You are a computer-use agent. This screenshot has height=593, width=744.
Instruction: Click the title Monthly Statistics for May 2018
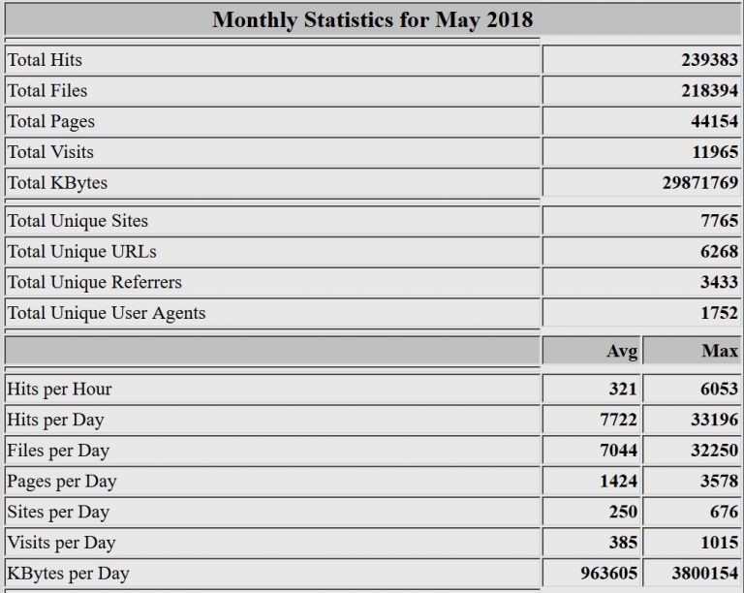tap(372, 19)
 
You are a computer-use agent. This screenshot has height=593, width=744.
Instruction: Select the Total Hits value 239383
tap(709, 60)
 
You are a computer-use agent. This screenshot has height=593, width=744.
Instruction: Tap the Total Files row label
tap(47, 91)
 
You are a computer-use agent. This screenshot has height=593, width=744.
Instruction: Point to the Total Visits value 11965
tap(714, 152)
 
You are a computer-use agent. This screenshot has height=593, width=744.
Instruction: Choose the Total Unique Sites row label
tap(77, 221)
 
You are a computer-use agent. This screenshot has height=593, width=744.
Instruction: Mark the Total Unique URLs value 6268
tap(719, 252)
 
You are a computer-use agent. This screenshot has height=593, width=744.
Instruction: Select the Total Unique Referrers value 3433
tap(719, 283)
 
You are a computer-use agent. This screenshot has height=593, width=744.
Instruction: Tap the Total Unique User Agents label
tap(107, 313)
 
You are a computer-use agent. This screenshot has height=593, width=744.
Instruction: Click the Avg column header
tap(622, 351)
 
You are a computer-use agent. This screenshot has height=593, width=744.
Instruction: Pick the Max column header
tap(720, 351)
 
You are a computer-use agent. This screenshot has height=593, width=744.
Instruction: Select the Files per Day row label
tap(58, 451)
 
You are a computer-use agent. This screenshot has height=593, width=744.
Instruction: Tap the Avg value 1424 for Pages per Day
tap(618, 482)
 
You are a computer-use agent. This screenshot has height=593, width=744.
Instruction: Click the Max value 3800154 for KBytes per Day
tap(704, 574)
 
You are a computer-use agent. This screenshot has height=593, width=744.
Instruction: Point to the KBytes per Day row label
tap(68, 574)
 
